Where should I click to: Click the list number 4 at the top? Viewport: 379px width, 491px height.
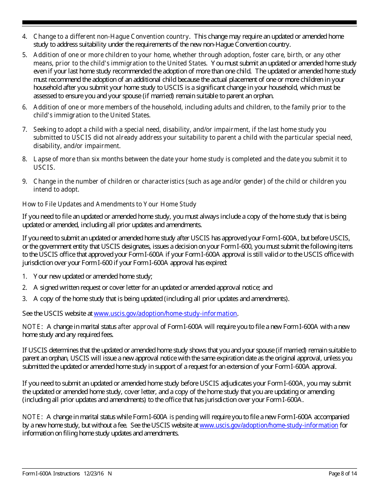click(x=24, y=37)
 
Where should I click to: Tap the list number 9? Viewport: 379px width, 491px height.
click(x=24, y=182)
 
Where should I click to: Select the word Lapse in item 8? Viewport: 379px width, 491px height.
click(x=41, y=159)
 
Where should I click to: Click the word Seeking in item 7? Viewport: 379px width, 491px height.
click(x=44, y=129)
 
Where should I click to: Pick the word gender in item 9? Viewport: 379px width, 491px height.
click(x=254, y=182)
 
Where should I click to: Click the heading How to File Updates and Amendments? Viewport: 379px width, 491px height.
click(x=109, y=204)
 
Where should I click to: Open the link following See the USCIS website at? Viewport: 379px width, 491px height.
click(x=165, y=314)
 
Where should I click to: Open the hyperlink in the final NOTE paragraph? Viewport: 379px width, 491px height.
click(x=268, y=426)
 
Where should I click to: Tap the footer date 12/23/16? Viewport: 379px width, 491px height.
click(x=94, y=474)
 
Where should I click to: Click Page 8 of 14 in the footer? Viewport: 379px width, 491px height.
click(x=342, y=474)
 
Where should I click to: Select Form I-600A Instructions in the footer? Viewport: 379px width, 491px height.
click(x=51, y=474)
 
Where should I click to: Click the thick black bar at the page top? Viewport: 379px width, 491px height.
click(x=189, y=23)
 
